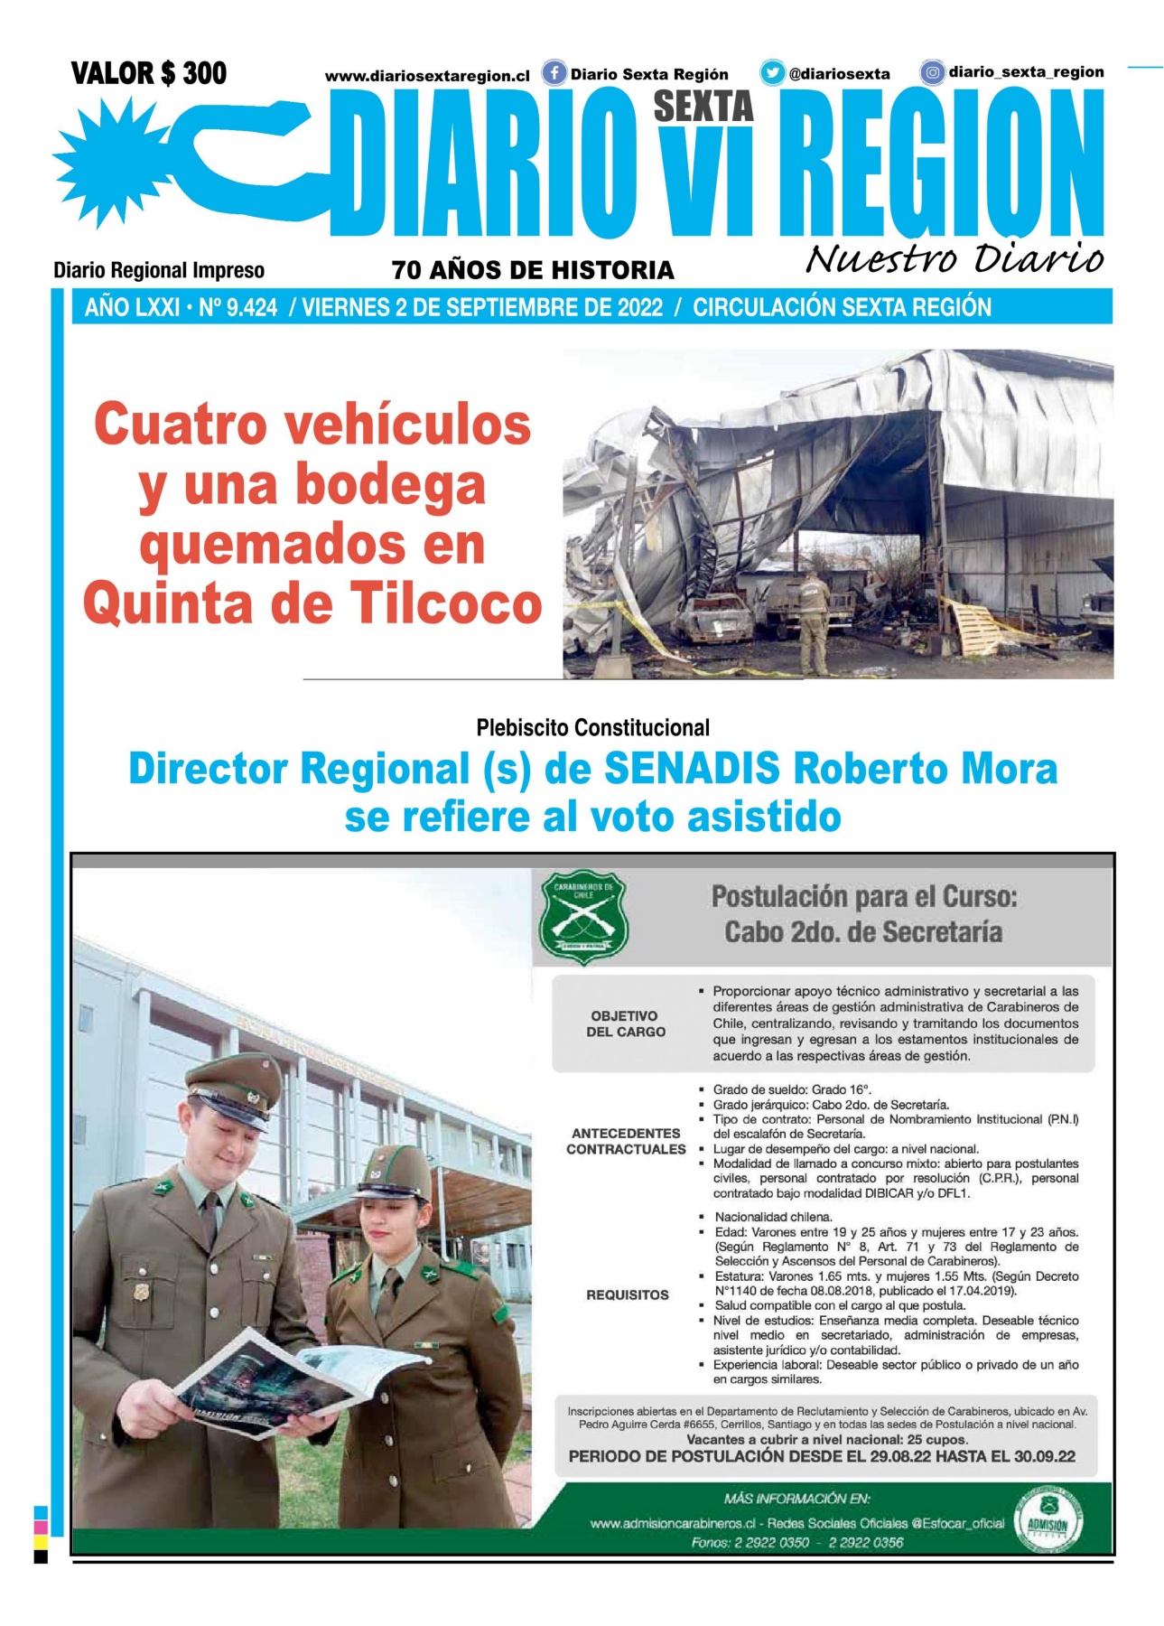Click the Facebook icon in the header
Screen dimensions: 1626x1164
[554, 73]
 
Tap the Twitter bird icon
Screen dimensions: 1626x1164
[772, 73]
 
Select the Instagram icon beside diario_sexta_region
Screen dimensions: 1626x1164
[932, 72]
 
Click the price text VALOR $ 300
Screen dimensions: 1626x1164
[149, 73]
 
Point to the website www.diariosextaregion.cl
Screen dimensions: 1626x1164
[427, 77]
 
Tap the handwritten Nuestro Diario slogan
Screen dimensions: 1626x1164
[954, 258]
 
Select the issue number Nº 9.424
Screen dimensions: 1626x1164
[238, 308]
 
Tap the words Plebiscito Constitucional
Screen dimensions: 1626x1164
[592, 727]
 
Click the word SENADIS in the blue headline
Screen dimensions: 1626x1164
[691, 770]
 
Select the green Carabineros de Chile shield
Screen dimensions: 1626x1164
[583, 917]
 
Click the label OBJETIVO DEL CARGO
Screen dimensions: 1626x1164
[625, 1023]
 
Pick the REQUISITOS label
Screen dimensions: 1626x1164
[628, 1294]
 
